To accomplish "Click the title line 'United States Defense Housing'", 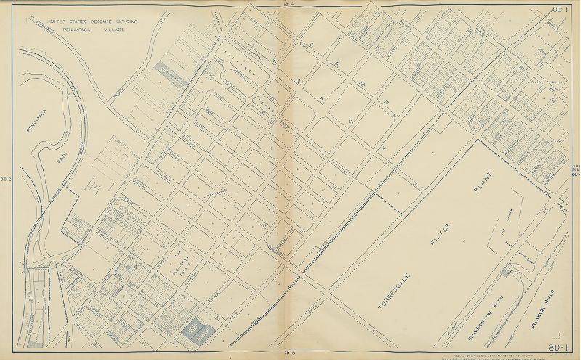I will point(92,22).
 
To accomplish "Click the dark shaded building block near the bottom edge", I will point(197,332).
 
